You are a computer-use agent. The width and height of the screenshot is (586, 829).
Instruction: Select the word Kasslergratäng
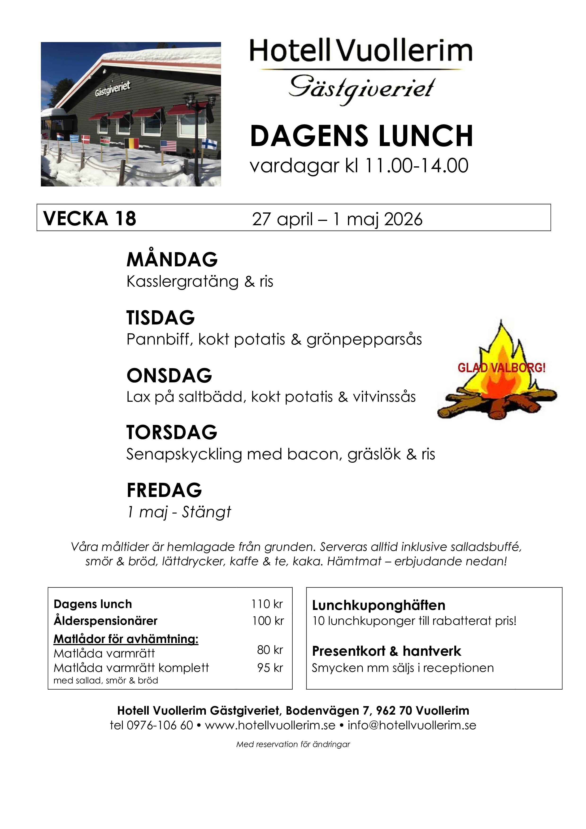[182, 282]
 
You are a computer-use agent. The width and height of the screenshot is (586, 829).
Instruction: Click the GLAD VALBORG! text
[501, 368]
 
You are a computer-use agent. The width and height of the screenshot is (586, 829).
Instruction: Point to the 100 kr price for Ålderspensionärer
[268, 621]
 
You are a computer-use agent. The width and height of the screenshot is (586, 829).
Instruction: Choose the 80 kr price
[270, 650]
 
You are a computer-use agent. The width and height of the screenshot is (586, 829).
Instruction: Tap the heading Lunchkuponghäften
[378, 605]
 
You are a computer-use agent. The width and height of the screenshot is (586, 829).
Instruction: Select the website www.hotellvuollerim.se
[270, 725]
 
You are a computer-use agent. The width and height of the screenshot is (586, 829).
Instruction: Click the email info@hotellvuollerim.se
[412, 725]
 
